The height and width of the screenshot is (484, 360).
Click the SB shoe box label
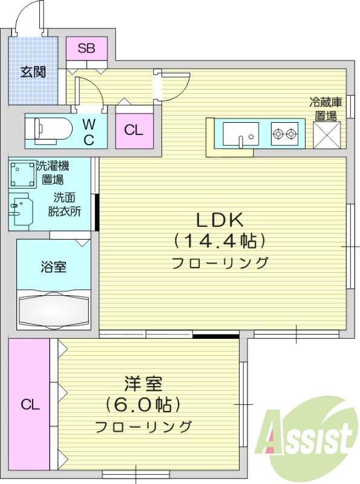(x=87, y=48)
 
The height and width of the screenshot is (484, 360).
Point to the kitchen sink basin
(x=240, y=134)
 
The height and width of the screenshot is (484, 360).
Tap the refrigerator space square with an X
(x=327, y=134)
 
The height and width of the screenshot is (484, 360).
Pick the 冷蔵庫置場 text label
(x=326, y=108)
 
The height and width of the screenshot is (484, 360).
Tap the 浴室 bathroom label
(x=53, y=266)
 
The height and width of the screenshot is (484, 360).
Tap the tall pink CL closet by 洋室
(x=29, y=404)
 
